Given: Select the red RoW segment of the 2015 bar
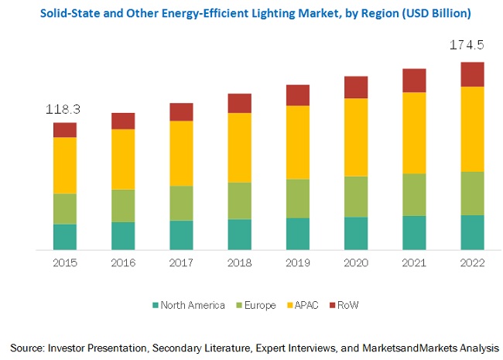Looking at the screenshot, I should [x=65, y=130].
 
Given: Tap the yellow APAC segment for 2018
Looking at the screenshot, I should [x=239, y=148].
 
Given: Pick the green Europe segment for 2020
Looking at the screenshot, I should [x=356, y=197].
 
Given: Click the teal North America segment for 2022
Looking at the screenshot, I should [x=472, y=232].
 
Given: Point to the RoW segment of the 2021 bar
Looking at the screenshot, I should [x=414, y=81].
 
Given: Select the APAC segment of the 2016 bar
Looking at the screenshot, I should [x=123, y=159].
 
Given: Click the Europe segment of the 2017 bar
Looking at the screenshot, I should [x=181, y=204].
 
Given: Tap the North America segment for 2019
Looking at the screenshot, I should [x=298, y=234].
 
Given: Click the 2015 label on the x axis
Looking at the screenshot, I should [x=65, y=262].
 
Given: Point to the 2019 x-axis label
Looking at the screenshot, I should [x=298, y=262].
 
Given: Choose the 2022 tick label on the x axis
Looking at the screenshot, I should [x=472, y=262].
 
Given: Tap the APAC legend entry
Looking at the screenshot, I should [x=309, y=305].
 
